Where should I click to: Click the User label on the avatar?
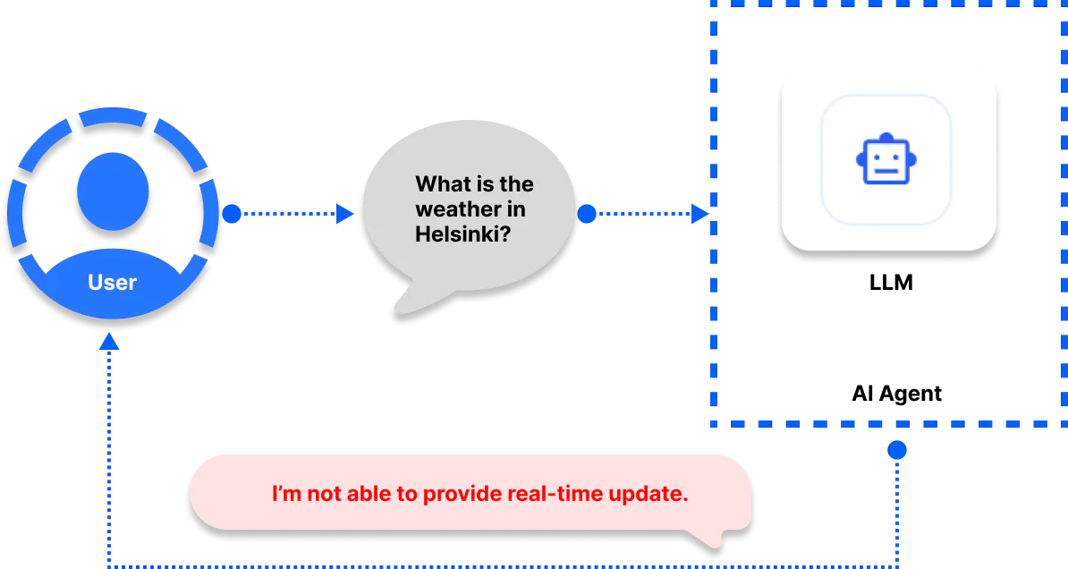coord(113,282)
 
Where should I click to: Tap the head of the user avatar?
coord(113,191)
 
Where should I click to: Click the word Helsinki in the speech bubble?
coord(462,234)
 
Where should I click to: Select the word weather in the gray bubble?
coord(453,209)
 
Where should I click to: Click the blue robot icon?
coord(886,158)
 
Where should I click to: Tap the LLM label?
coord(891,282)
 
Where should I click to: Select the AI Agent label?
coord(896,393)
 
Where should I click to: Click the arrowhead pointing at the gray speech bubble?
coord(344,214)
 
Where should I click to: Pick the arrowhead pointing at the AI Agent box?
coord(699,214)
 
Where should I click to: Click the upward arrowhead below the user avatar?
coord(109,342)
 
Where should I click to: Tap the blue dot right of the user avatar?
coord(232,214)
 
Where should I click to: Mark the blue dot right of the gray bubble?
coord(587,214)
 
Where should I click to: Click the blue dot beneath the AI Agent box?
coord(897,450)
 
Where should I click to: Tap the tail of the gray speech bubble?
coord(412,300)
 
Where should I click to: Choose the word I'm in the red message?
coord(287,493)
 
